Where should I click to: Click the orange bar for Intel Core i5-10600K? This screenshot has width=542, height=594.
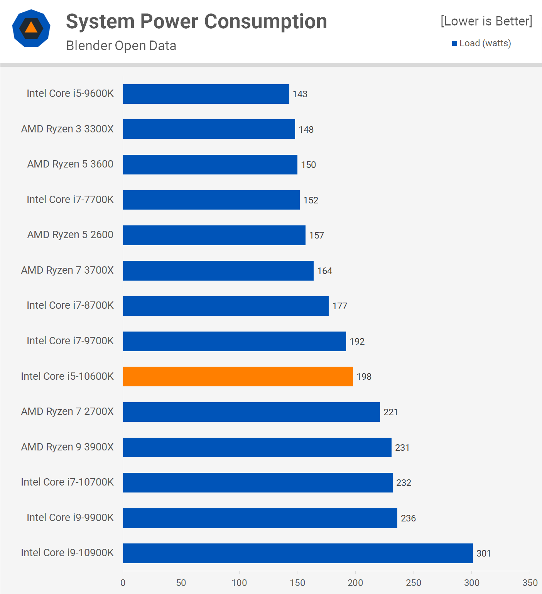238,376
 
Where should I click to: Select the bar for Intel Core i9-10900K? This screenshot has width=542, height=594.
297,553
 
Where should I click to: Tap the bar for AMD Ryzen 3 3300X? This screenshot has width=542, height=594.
209,129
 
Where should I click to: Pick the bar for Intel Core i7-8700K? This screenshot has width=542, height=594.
226,306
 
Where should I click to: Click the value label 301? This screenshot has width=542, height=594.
483,553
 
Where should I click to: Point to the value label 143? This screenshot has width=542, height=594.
300,94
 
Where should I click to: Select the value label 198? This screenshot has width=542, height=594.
364,377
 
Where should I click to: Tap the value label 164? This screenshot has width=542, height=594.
324,271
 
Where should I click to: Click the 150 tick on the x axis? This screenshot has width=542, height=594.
297,583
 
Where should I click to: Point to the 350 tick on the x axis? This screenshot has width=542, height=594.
530,583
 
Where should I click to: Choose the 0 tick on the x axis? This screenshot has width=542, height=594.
123,583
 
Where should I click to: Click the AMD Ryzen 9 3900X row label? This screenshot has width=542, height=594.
68,447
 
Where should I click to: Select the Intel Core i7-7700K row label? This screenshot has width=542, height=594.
70,200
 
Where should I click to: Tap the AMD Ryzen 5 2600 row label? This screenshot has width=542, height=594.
70,235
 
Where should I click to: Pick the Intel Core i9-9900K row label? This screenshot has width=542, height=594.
70,518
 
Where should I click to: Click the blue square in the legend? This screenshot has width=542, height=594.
454,44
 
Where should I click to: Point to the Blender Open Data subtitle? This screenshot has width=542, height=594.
121,46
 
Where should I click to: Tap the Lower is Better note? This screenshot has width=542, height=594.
486,21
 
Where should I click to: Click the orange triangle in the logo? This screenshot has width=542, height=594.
31,27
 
